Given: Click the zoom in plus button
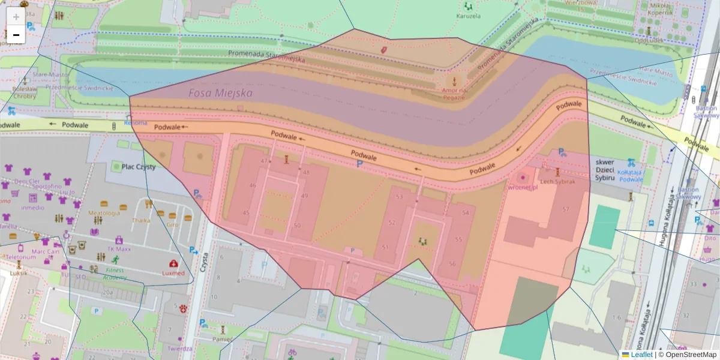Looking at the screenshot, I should point(16,17).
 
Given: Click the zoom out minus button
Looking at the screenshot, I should point(16,35).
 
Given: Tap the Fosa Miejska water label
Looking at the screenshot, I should point(220,94).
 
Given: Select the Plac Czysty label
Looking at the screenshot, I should point(139,167).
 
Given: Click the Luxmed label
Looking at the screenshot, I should point(173,273).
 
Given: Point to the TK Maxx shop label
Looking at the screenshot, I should point(119,249).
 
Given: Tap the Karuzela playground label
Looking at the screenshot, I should point(468,16).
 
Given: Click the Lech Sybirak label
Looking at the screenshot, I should point(557,181).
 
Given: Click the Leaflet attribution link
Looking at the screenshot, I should point(641,355).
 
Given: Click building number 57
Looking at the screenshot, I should point(565,209).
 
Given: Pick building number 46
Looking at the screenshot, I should point(253,185).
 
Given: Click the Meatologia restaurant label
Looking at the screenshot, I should point(104,213).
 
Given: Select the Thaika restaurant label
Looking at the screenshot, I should point(141,220).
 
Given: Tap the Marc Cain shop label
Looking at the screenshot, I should point(44,251).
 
